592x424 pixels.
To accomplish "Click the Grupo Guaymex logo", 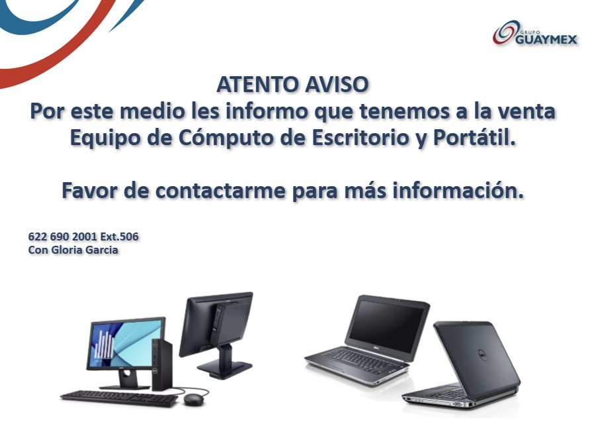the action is [535, 33].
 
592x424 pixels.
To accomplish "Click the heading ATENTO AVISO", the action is [292, 84].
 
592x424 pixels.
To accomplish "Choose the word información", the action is [458, 190].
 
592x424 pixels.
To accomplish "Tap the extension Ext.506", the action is [119, 237].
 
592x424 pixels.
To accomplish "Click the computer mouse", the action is [192, 399].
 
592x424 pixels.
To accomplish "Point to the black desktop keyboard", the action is [120, 399].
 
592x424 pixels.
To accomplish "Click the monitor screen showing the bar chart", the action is [126, 341].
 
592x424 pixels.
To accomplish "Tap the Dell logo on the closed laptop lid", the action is [481, 356].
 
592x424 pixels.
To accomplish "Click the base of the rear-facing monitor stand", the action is [224, 368].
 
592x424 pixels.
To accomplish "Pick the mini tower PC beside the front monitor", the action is [161, 364].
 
